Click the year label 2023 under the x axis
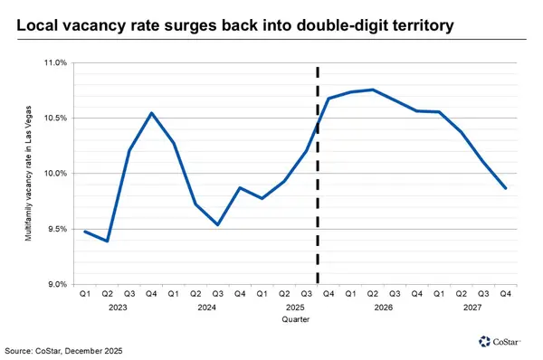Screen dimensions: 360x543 tap(118, 308)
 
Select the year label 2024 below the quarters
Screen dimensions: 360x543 tap(206, 308)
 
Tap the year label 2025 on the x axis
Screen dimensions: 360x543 tap(295, 308)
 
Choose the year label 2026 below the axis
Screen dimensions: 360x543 tap(384, 308)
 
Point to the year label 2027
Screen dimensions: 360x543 tap(472, 308)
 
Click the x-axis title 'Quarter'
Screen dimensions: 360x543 tap(295, 319)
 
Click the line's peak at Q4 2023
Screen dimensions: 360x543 tap(151, 113)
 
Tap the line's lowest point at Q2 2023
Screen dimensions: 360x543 tap(107, 242)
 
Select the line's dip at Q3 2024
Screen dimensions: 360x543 tap(217, 224)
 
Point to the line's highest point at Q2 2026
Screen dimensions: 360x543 tap(373, 90)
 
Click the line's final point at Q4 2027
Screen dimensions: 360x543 tap(506, 188)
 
